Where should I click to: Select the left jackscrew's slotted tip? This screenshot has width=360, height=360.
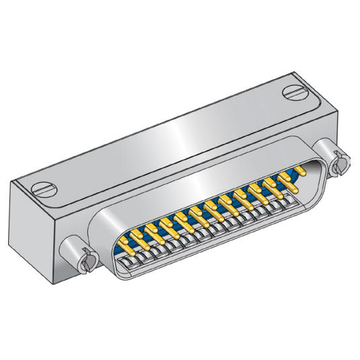[85, 259]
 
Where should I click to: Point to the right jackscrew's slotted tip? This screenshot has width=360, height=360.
[339, 162]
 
